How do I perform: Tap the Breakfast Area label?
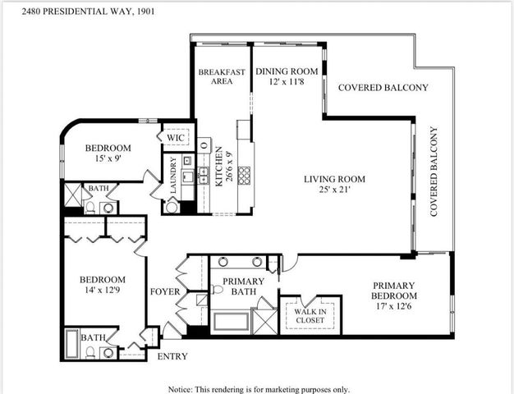click(x=222, y=76)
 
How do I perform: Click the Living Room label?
click(x=334, y=185)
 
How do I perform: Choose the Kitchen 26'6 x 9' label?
click(x=218, y=167)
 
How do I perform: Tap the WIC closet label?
click(x=175, y=136)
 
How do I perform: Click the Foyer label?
click(x=165, y=291)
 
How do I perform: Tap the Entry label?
click(x=172, y=356)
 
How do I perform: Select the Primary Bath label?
click(x=243, y=287)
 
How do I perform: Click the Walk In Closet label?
click(x=310, y=314)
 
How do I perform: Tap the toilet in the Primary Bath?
click(x=218, y=289)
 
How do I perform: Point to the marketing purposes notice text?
click(x=259, y=388)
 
